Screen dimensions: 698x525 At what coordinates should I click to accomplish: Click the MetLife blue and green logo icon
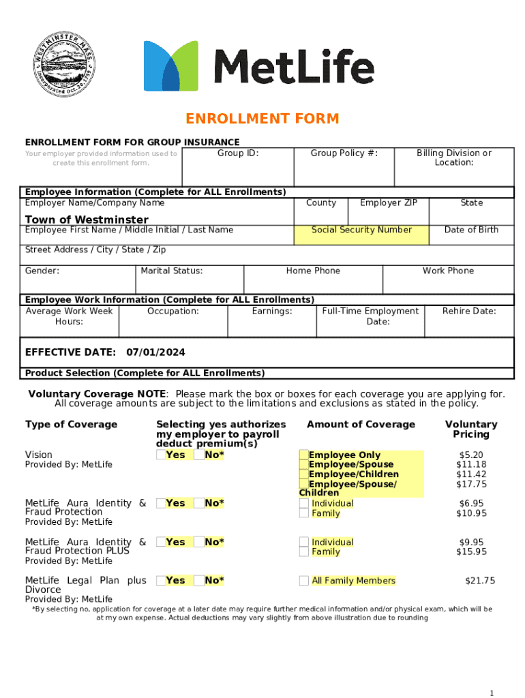click(170, 65)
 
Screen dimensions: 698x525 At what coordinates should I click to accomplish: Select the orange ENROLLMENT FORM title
click(262, 119)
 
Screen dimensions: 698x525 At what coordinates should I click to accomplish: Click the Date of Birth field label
click(471, 230)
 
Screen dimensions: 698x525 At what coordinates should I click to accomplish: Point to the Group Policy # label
click(344, 153)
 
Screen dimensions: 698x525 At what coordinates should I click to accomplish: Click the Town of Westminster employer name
click(87, 219)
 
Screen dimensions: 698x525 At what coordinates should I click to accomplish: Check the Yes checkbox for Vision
click(160, 455)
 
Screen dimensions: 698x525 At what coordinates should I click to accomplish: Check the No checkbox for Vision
click(198, 455)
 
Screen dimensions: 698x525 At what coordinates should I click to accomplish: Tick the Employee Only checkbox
click(304, 455)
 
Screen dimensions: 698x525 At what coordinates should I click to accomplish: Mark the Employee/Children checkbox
click(304, 474)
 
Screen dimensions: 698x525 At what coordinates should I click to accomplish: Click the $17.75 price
click(471, 485)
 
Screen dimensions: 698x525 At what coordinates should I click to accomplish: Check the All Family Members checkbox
click(304, 581)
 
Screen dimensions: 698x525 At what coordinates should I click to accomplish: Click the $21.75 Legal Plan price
click(480, 581)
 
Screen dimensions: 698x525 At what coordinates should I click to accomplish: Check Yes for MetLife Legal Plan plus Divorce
click(160, 581)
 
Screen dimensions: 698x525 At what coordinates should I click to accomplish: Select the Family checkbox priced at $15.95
click(304, 552)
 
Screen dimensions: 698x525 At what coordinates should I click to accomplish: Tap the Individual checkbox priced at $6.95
click(304, 504)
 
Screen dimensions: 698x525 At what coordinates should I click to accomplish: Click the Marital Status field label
click(171, 271)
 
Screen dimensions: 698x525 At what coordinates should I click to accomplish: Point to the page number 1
click(492, 693)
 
